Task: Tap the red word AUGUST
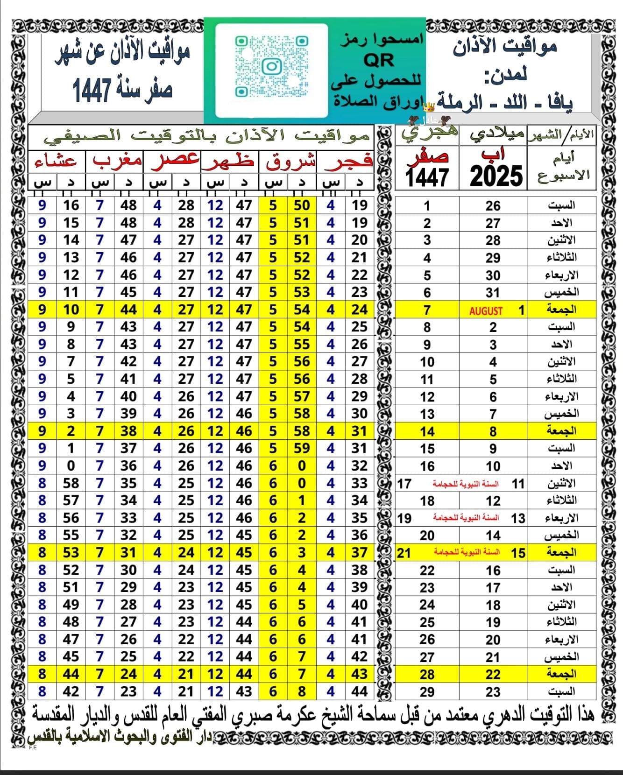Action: point(486,310)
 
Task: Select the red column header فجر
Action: point(346,161)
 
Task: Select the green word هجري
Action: point(429,134)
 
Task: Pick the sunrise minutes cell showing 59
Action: point(302,448)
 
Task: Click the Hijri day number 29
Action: point(427,691)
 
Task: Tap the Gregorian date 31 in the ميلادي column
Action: point(493,293)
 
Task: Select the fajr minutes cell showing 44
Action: point(359,691)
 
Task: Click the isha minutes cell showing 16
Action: point(71,205)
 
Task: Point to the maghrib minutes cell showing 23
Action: point(128,691)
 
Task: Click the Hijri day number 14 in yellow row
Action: point(427,431)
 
